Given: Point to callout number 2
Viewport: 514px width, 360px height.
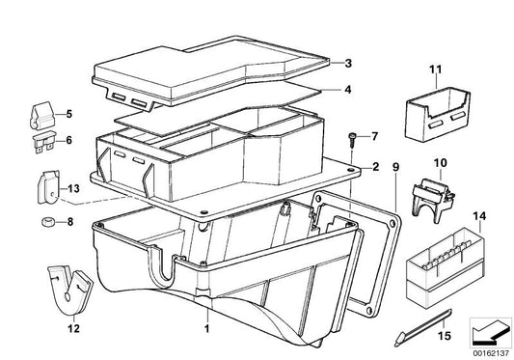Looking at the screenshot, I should click(374, 167).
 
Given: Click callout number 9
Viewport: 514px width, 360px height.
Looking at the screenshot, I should click(395, 167).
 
